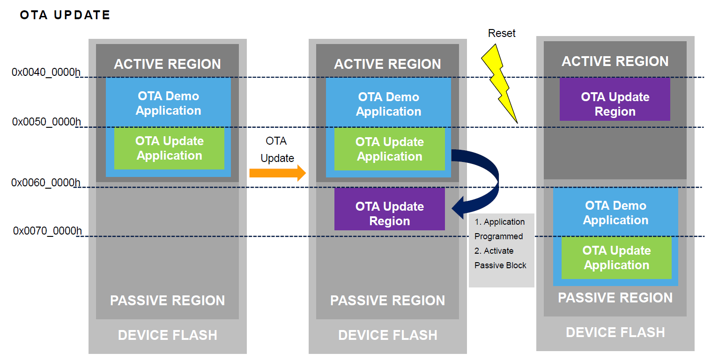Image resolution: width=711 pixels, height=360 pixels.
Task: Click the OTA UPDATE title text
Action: pos(65,15)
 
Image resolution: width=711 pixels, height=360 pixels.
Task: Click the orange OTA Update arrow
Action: pos(277,173)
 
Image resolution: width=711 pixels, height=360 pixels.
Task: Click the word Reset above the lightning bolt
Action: pos(502,33)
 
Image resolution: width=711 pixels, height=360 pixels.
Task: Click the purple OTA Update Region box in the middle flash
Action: pos(389,213)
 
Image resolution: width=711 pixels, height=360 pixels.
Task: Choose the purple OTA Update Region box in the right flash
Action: pos(615,104)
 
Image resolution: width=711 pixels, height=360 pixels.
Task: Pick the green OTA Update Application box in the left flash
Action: pos(169,148)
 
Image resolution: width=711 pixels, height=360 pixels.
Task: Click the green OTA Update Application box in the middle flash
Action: pos(389,149)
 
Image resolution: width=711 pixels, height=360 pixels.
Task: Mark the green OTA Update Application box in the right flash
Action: pos(616,258)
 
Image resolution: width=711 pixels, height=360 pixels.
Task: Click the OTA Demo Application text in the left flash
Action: pos(168,103)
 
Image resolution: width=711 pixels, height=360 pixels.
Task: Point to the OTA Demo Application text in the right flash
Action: pos(615,213)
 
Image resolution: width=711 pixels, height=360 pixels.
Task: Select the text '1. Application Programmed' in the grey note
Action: pos(499,229)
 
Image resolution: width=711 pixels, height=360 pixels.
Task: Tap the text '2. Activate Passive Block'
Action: pos(500,258)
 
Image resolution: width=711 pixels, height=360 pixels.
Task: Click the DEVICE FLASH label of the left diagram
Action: pos(167,335)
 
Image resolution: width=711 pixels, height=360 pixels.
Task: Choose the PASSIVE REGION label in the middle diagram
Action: pos(387,301)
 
